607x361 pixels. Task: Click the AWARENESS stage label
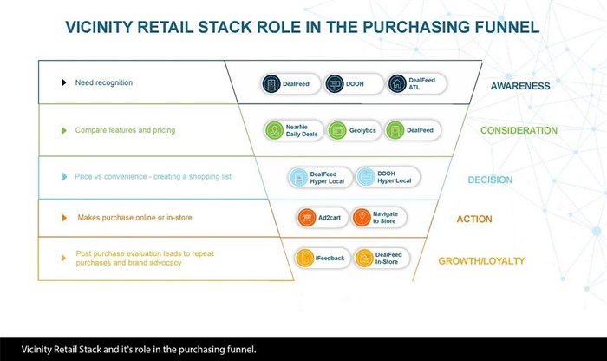(x=520, y=86)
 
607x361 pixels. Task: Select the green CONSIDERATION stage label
(x=519, y=131)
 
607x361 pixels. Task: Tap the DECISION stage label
(x=490, y=180)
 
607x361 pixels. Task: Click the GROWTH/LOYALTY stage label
(x=480, y=260)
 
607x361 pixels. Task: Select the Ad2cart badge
(x=318, y=218)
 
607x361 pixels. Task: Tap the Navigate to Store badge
(x=378, y=218)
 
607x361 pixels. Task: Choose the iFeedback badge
(x=318, y=258)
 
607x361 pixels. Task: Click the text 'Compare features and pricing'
(x=125, y=130)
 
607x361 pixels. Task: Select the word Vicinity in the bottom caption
(x=40, y=349)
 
